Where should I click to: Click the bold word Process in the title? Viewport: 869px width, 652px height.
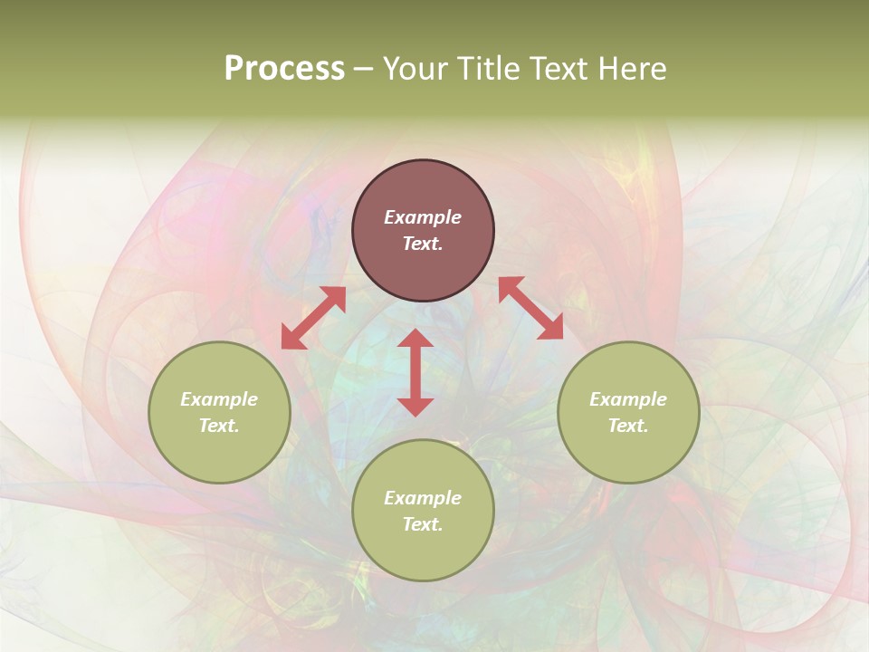coord(284,69)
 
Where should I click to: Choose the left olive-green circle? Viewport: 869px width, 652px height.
coord(219,412)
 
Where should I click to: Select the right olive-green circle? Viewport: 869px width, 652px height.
coord(628,412)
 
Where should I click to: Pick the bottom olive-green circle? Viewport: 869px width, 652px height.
coord(423,510)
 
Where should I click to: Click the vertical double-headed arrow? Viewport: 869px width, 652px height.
coord(415,372)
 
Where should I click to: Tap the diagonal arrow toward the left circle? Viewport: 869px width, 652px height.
coord(313,318)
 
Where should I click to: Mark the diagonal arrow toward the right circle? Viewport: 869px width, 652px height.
coord(530,308)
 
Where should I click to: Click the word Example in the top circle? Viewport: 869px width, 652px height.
coord(423,217)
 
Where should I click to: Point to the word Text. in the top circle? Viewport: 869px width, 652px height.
coord(423,244)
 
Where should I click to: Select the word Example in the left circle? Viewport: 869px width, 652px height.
coord(219,399)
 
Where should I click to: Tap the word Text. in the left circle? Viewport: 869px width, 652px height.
coord(219,426)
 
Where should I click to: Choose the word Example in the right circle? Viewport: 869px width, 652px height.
coord(628,399)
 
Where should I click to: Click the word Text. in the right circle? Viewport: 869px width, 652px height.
coord(628,426)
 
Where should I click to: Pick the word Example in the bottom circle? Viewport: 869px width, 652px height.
coord(423,498)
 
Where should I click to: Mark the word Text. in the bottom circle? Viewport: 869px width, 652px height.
coord(423,524)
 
